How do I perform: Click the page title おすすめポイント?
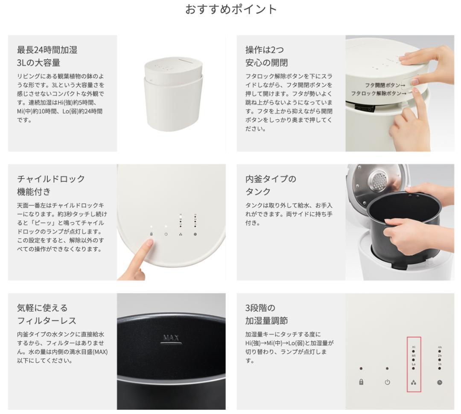231,9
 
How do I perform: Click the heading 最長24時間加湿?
47,50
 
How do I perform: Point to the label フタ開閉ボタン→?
385,85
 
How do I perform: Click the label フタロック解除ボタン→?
378,93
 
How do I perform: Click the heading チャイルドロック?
51,179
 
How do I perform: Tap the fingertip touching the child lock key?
148,244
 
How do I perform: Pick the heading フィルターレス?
47,320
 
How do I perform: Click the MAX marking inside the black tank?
171,338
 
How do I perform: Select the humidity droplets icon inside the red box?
413,383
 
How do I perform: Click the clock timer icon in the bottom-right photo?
440,382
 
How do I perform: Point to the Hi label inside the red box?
413,347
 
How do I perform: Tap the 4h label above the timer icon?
440,347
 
